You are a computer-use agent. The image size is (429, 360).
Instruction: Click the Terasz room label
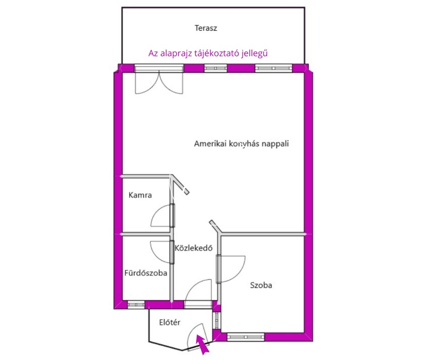click(206, 28)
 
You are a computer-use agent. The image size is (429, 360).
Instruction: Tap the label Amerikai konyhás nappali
click(241, 143)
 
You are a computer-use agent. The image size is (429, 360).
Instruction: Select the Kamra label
click(140, 195)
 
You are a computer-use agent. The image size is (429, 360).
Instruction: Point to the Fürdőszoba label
click(146, 273)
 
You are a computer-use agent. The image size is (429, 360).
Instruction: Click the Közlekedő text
click(194, 248)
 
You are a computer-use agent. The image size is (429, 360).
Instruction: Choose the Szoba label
click(261, 285)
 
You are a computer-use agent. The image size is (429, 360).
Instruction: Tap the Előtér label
click(170, 322)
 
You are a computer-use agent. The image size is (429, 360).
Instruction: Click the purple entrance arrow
click(203, 344)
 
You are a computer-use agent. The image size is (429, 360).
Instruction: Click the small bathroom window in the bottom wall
click(136, 304)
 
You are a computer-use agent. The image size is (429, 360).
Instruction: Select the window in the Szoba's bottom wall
click(246, 337)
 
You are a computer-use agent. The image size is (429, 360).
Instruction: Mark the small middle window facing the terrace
click(215, 68)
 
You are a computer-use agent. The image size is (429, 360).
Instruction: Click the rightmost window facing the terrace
click(273, 68)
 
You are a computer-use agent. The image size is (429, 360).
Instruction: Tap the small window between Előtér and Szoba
click(217, 320)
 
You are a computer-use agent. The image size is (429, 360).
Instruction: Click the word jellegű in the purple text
click(255, 53)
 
